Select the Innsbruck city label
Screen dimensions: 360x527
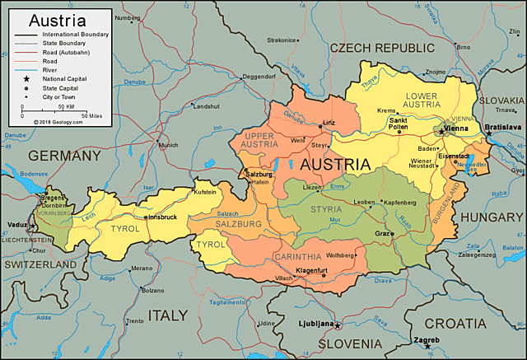click(x=161, y=217)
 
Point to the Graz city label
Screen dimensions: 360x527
click(x=382, y=233)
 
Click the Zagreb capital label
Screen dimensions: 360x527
click(x=427, y=339)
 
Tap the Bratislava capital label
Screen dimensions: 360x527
click(x=503, y=127)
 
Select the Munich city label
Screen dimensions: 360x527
click(x=168, y=145)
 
